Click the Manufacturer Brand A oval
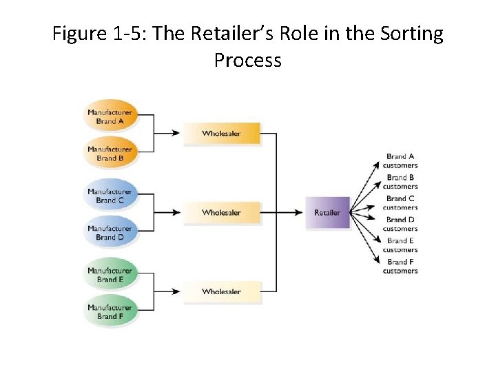(x=110, y=116)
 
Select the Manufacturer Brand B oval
(x=110, y=154)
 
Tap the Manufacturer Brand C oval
(x=110, y=196)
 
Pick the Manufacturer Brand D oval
(x=110, y=233)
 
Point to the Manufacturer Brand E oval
(x=110, y=275)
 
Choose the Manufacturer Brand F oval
(x=110, y=312)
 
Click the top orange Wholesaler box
(x=222, y=134)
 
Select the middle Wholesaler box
(x=222, y=213)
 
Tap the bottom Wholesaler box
(x=222, y=292)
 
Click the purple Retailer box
(x=328, y=213)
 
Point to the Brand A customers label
(x=400, y=161)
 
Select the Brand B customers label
(x=400, y=182)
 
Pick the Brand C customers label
(x=400, y=203)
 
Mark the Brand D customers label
(x=400, y=224)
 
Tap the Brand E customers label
(x=400, y=245)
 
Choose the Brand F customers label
(x=400, y=267)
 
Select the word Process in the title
(x=248, y=61)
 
